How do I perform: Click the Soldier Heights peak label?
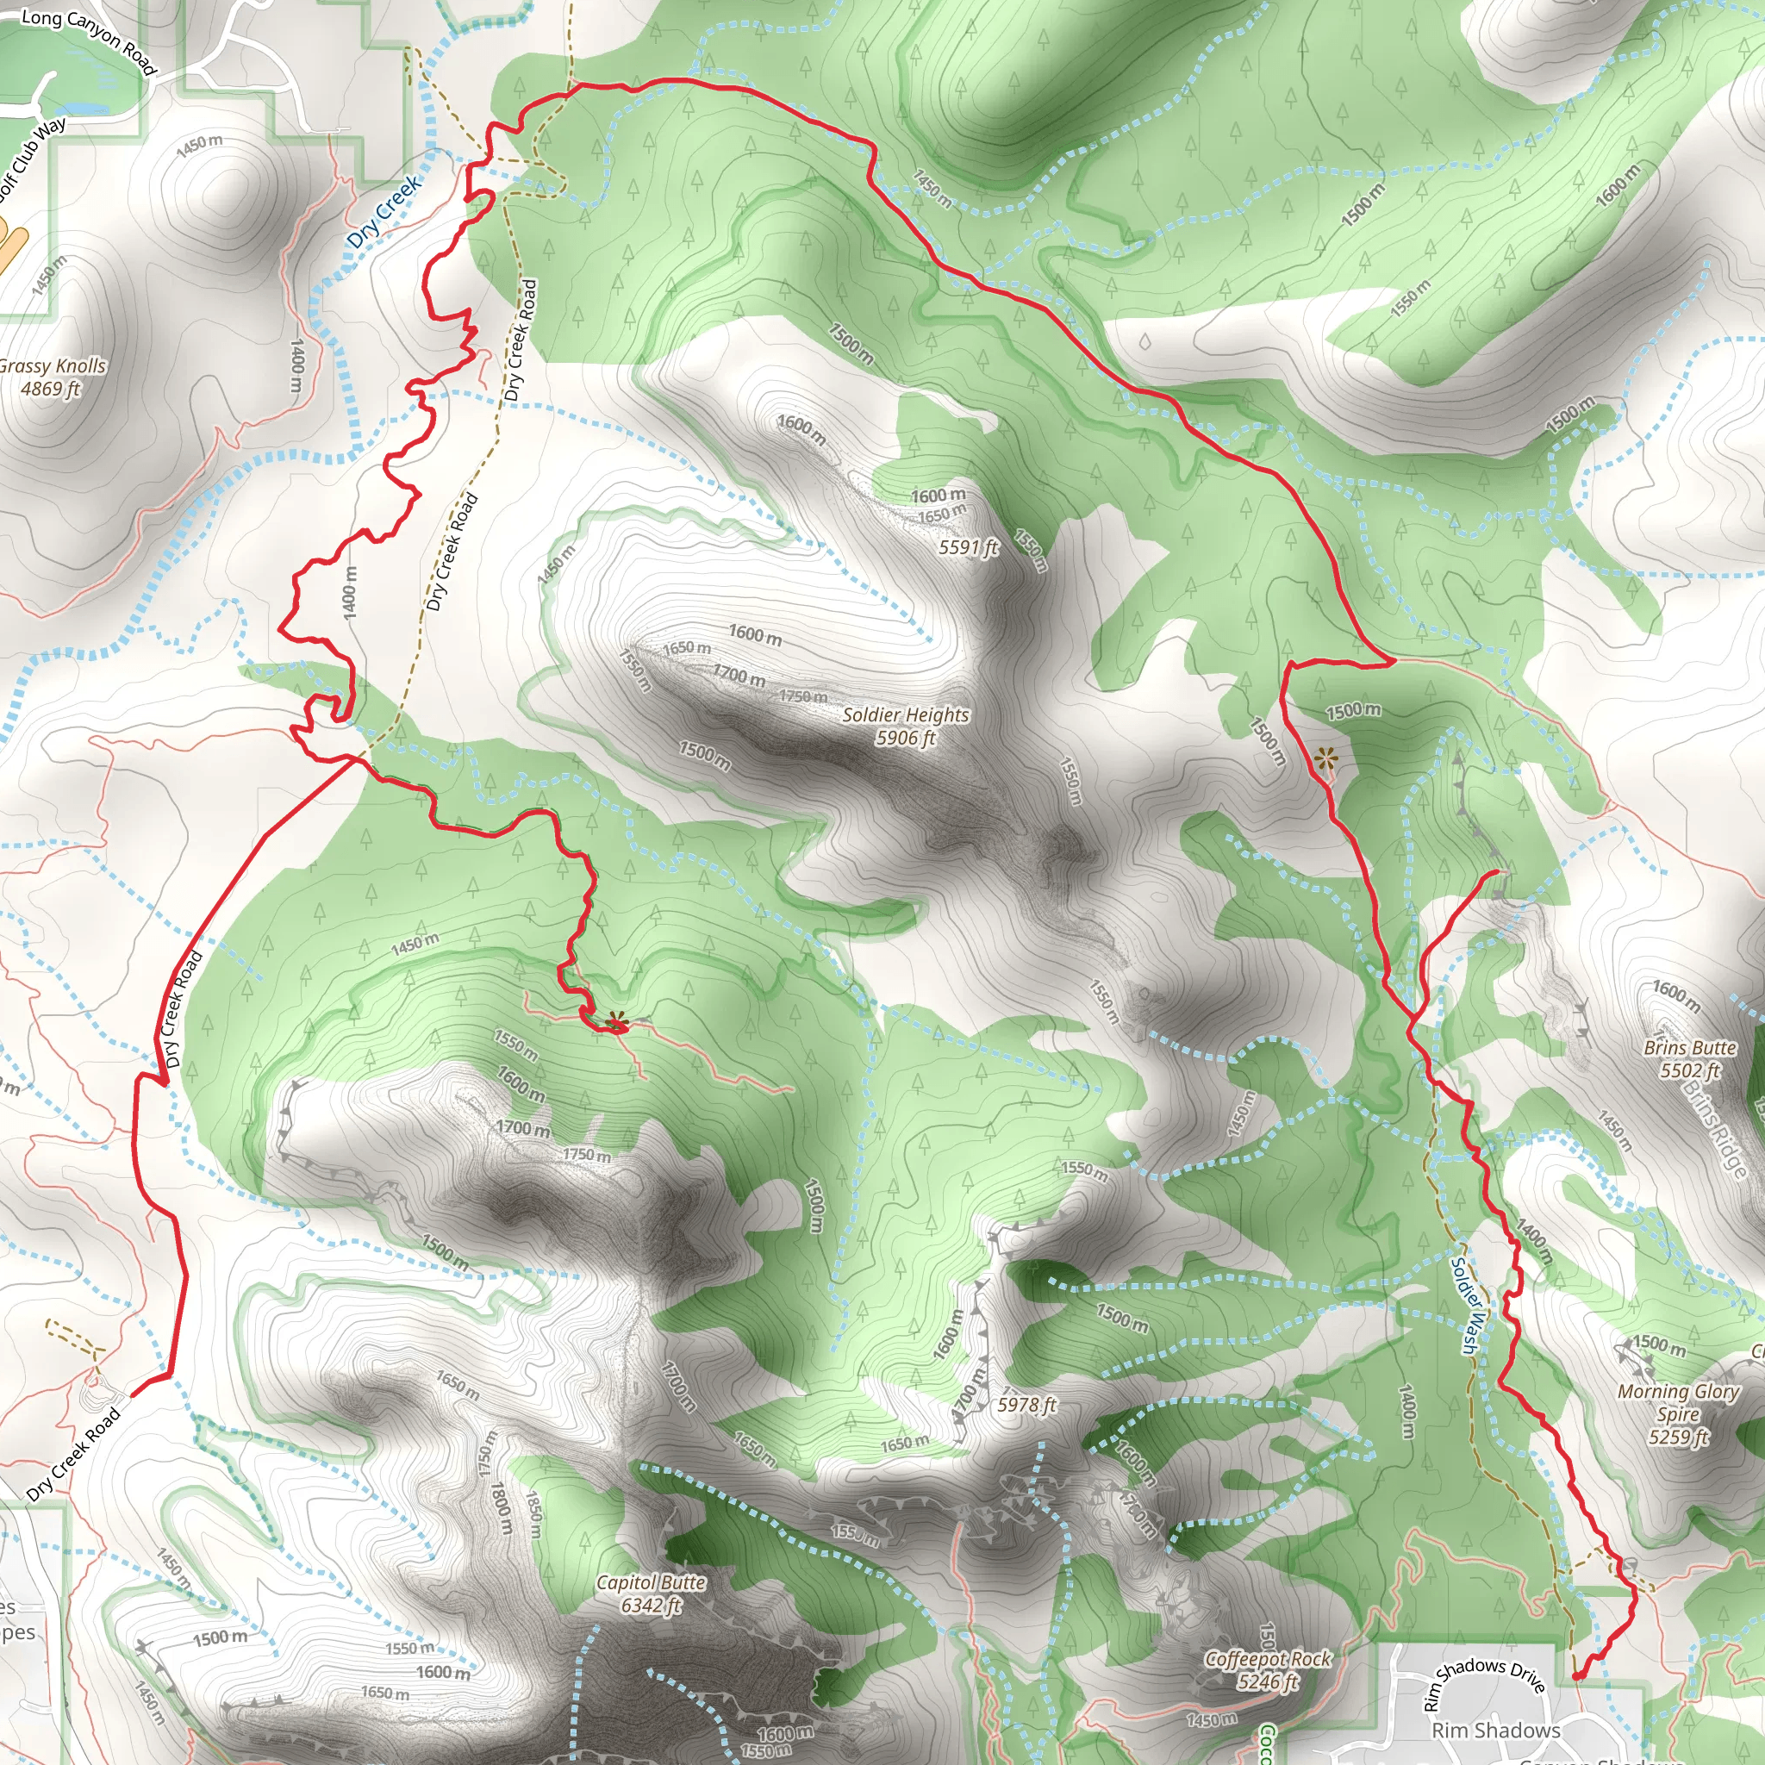906,727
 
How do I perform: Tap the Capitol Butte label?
651,1594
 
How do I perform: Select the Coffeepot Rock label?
1268,1670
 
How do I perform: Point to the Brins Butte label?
1689,1059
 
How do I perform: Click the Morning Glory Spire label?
1678,1414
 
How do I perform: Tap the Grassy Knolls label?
52,377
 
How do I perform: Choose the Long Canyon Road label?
89,41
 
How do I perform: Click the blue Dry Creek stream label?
384,210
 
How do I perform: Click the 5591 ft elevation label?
969,547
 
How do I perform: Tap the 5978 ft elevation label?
1026,1405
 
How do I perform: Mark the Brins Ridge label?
1715,1128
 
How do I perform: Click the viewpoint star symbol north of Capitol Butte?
618,1020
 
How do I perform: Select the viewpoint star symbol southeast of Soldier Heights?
1325,757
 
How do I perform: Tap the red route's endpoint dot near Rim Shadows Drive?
1578,1675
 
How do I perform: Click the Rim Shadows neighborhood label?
1495,1731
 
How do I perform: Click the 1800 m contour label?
502,1508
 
